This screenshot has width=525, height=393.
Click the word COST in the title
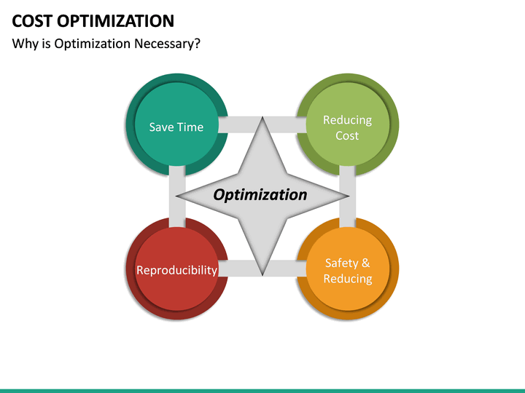pyautogui.click(x=33, y=20)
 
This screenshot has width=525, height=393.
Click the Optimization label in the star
pyautogui.click(x=260, y=195)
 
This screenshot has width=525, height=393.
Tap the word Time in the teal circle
pyautogui.click(x=190, y=127)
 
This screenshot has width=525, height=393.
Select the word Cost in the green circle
pyautogui.click(x=347, y=135)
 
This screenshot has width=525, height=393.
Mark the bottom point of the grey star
pyautogui.click(x=262, y=273)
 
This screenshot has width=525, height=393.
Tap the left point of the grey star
pyautogui.click(x=179, y=196)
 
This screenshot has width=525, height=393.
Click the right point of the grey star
pyautogui.click(x=346, y=196)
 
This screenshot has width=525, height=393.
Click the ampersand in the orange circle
pyautogui.click(x=365, y=263)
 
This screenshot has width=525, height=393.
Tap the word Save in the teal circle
pyautogui.click(x=161, y=127)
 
